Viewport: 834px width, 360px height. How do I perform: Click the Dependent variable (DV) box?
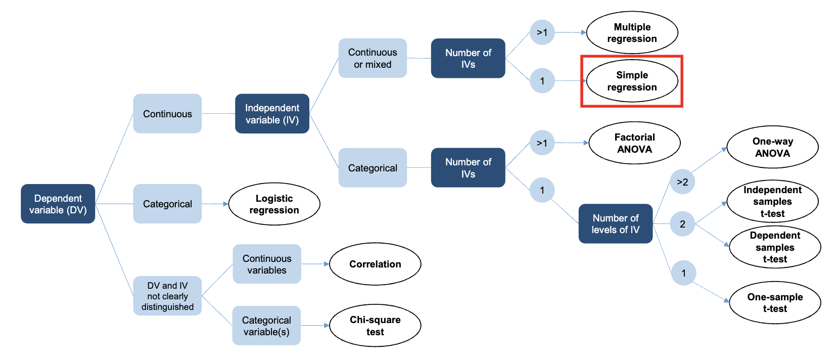click(58, 204)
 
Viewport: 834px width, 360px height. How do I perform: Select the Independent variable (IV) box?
click(272, 114)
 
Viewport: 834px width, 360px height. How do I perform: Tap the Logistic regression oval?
click(274, 204)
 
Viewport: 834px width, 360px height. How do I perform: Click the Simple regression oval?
click(632, 81)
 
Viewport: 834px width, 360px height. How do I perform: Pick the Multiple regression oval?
click(632, 33)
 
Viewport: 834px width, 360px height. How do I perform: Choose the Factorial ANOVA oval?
click(634, 143)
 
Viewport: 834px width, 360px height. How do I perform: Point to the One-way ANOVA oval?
click(772, 147)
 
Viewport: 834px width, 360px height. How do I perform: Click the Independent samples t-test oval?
click(772, 201)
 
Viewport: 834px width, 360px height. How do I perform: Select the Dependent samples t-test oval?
click(775, 247)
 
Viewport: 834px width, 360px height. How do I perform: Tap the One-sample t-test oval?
click(775, 303)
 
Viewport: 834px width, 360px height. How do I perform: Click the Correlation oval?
click(375, 264)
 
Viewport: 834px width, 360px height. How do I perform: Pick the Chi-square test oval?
click(375, 326)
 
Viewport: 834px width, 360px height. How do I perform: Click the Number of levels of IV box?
click(616, 223)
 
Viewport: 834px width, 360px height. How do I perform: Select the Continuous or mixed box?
click(373, 58)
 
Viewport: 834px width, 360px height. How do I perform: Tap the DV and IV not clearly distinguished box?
click(167, 296)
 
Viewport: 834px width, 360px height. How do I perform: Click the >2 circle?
click(682, 182)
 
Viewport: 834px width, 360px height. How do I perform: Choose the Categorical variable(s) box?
click(266, 326)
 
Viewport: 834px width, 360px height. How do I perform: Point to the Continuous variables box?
click(267, 264)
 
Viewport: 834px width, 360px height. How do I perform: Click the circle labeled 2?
click(682, 224)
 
